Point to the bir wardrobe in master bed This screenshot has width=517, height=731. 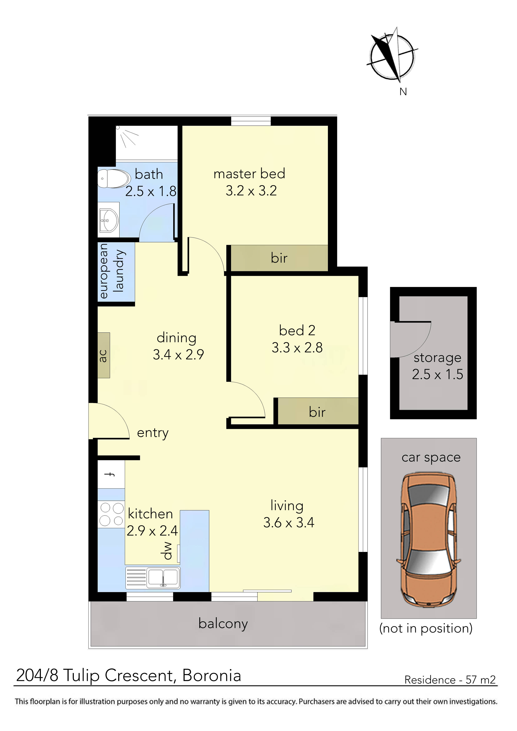[279, 258]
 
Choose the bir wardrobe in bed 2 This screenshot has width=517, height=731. [317, 412]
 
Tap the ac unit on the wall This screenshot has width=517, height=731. [104, 355]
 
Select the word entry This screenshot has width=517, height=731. [153, 433]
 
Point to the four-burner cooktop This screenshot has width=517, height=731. [111, 514]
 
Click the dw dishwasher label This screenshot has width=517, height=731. [168, 551]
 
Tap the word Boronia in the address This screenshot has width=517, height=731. [212, 675]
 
